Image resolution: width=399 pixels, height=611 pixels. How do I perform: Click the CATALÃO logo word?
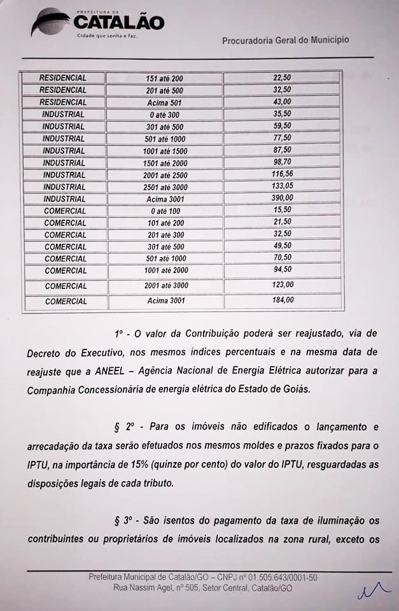pyautogui.click(x=119, y=22)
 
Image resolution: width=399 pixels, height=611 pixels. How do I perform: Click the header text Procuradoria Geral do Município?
pyautogui.click(x=285, y=40)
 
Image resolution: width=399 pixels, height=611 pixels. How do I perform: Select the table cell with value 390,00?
pyautogui.click(x=282, y=199)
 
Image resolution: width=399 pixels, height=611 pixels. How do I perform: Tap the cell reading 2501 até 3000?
pyautogui.click(x=164, y=187)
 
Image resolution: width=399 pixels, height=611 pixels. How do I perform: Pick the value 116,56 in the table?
pyautogui.click(x=282, y=175)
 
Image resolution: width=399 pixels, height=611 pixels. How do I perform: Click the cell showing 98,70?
pyautogui.click(x=282, y=163)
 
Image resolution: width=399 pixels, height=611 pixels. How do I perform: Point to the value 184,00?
pyautogui.click(x=282, y=300)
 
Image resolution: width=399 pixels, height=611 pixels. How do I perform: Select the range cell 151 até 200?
pyautogui.click(x=164, y=78)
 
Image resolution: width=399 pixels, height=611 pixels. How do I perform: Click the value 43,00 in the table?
pyautogui.click(x=282, y=102)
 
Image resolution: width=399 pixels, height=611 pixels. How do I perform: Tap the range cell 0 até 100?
pyautogui.click(x=164, y=211)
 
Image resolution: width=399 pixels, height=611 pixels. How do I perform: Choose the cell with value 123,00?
pyautogui.click(x=282, y=285)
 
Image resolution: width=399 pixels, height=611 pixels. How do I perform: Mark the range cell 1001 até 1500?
pyautogui.click(x=164, y=151)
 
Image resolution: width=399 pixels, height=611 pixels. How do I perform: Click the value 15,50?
pyautogui.click(x=282, y=211)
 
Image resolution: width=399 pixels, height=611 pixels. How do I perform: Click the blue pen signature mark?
pyautogui.click(x=373, y=592)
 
